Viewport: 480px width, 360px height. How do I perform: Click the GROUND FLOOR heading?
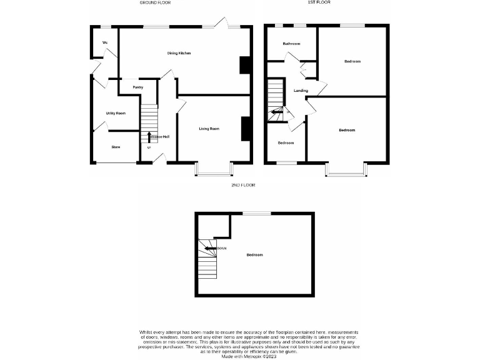154,2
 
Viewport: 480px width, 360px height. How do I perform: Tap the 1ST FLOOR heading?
318,2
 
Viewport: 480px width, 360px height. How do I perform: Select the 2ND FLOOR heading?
243,185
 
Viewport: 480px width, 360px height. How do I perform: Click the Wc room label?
105,42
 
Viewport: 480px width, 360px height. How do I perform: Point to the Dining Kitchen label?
179,53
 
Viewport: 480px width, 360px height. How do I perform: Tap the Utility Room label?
116,113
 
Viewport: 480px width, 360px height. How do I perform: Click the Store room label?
116,147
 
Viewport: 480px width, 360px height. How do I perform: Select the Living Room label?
209,129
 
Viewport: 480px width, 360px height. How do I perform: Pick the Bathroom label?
291,44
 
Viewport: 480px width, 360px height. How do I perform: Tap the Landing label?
301,91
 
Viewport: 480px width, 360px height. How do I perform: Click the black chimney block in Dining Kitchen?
245,66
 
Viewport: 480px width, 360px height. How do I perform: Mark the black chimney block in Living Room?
246,129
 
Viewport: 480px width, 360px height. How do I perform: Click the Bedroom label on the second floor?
254,255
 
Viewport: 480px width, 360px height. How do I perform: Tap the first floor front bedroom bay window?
345,170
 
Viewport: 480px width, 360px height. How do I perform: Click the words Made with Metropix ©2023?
240,356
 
